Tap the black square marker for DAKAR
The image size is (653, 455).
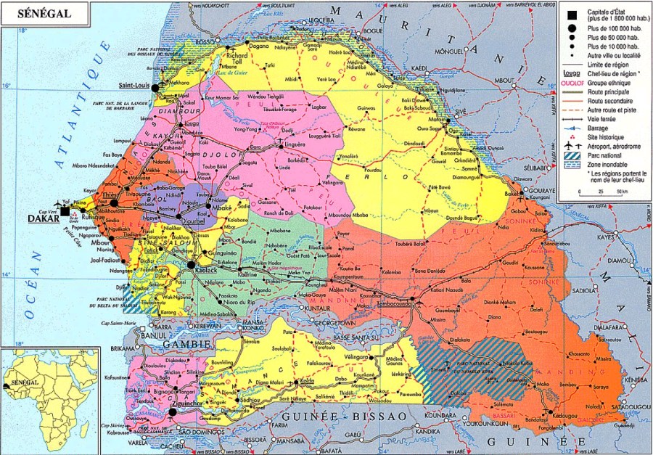tap(65, 210)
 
